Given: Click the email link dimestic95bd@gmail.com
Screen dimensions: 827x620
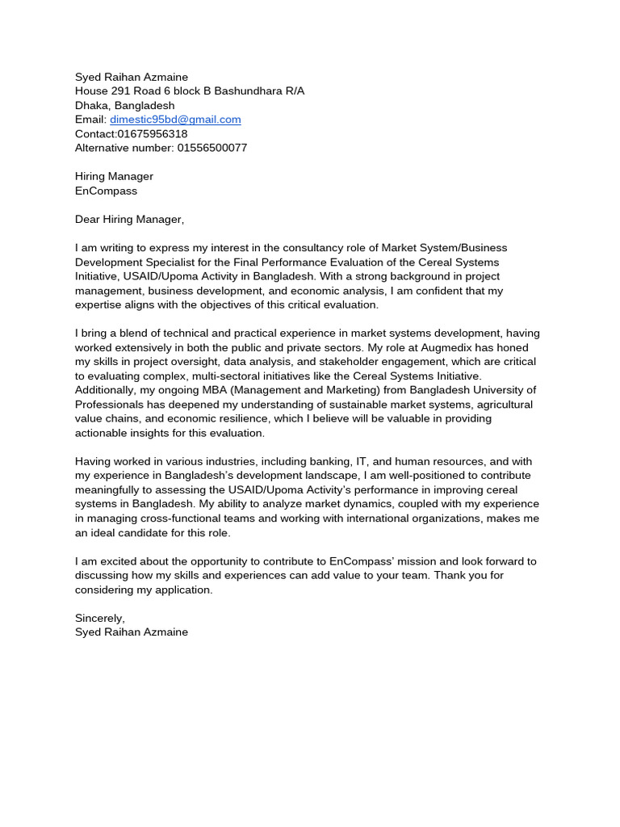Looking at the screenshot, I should pos(175,120).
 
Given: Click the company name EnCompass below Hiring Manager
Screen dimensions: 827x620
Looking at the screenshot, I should pos(106,191).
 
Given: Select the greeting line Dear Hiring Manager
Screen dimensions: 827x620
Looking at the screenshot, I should pos(129,219).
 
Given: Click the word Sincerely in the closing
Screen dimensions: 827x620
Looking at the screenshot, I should pos(99,618).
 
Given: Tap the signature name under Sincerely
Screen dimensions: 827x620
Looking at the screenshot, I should pos(132,632).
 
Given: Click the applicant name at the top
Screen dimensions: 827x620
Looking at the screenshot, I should pos(132,78).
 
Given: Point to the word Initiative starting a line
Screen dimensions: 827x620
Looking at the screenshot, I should pos(96,276).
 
